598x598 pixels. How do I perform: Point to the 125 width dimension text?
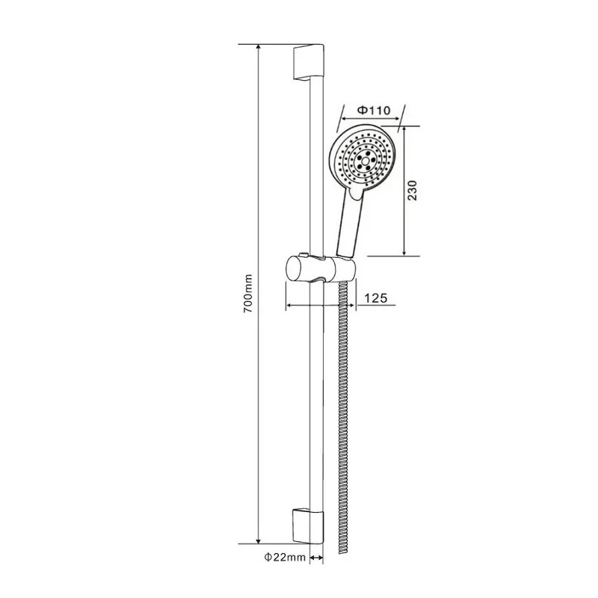pyautogui.click(x=374, y=298)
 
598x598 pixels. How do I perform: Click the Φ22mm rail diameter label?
pyautogui.click(x=283, y=558)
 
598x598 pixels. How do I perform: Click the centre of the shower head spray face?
pyautogui.click(x=366, y=159)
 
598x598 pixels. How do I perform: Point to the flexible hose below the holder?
pyautogui.click(x=345, y=411)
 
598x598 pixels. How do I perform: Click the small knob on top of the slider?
pyautogui.click(x=302, y=255)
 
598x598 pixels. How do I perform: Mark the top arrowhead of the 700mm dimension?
pyautogui.click(x=259, y=48)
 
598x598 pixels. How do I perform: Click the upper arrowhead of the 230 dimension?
pyautogui.click(x=404, y=129)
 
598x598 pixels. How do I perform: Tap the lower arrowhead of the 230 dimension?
pyautogui.click(x=404, y=253)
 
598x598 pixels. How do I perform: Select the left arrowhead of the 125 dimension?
pyautogui.click(x=289, y=305)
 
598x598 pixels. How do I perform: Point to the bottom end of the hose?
pyautogui.click(x=345, y=552)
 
